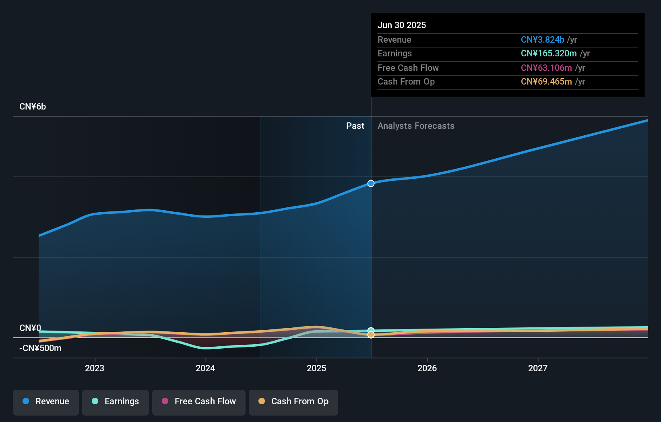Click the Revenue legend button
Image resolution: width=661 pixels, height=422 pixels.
(46, 401)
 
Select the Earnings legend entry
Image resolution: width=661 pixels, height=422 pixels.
(116, 401)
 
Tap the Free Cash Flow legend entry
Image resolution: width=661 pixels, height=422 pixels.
(199, 401)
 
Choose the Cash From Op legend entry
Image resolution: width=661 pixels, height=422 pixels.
(293, 401)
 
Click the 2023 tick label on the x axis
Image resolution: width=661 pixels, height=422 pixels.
(95, 368)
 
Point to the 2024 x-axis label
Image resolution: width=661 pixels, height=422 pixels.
(205, 368)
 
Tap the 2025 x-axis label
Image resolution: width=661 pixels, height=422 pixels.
(316, 368)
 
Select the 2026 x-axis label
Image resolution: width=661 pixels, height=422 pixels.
(427, 368)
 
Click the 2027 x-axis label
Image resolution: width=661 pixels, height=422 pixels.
(538, 368)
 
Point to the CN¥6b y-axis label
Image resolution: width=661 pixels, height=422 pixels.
(33, 107)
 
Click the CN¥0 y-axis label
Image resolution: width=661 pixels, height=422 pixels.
(30, 328)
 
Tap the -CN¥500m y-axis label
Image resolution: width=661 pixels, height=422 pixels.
(40, 348)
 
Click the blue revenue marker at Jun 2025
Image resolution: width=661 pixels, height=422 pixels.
(371, 183)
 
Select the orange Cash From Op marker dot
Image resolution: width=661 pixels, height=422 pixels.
(371, 335)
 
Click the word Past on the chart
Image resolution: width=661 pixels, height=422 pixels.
(355, 126)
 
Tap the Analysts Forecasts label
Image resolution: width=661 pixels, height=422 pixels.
(416, 126)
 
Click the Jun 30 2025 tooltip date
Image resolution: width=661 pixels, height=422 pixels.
(402, 25)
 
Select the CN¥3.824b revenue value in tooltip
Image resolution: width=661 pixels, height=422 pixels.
(542, 39)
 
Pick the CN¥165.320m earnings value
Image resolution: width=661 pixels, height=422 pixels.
(549, 54)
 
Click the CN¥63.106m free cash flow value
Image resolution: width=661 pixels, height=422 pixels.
(546, 68)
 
